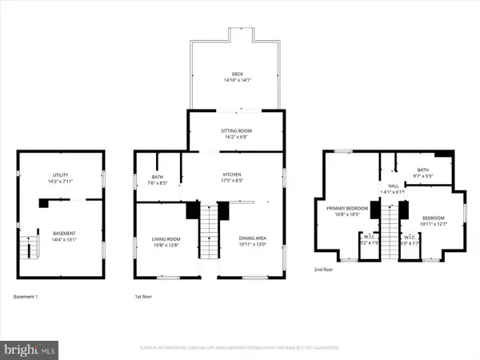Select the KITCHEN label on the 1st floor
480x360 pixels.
[x=232, y=174]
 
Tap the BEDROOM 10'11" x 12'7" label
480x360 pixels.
[x=433, y=217]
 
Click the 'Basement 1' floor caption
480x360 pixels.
[x=26, y=297]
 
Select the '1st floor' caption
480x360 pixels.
[x=144, y=297]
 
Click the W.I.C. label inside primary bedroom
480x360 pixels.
[x=369, y=236]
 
